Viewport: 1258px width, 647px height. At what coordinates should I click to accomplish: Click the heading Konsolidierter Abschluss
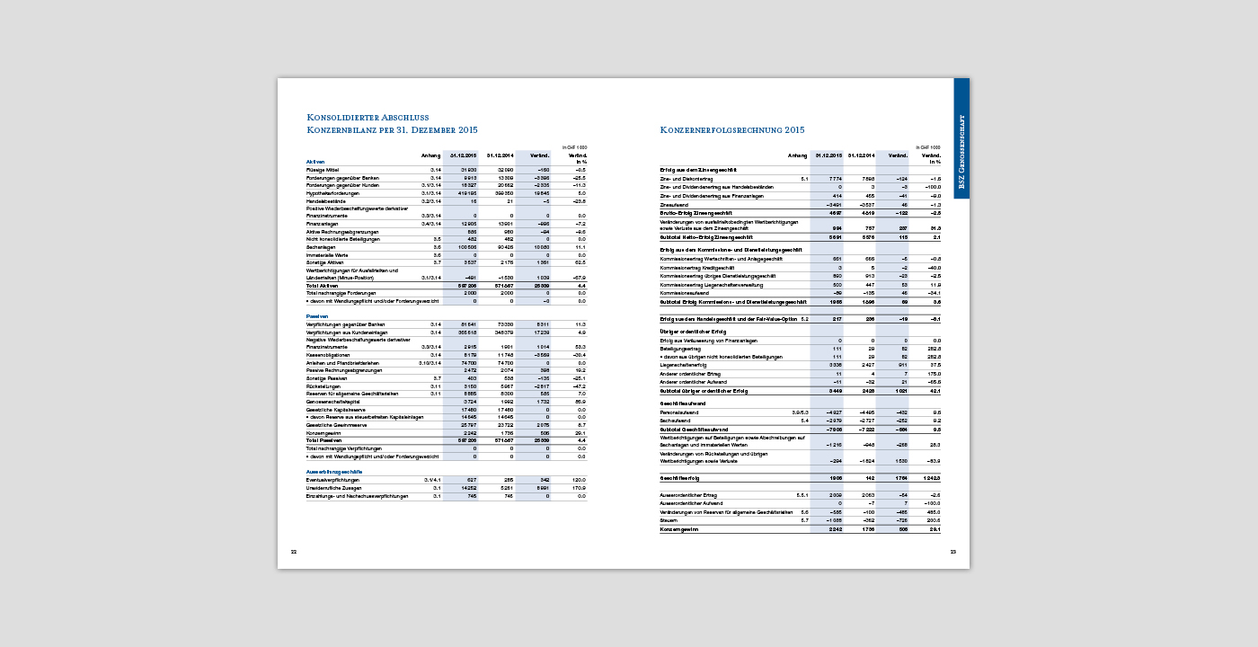(368, 117)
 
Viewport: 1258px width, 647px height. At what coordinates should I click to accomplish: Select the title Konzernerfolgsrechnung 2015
(732, 129)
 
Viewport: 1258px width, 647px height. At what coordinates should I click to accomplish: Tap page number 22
(293, 551)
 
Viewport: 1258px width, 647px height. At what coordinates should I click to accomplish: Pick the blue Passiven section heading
(316, 317)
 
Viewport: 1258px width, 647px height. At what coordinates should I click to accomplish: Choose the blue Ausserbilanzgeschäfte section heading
(334, 472)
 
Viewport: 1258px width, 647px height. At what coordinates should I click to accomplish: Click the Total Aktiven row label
(323, 285)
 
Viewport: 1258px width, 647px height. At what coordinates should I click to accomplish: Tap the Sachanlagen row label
(321, 246)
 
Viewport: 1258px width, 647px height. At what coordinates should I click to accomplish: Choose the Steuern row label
(669, 520)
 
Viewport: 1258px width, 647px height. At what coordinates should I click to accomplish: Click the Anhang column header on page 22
(431, 156)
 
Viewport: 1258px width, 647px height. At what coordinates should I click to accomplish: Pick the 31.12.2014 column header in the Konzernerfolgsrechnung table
(859, 155)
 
